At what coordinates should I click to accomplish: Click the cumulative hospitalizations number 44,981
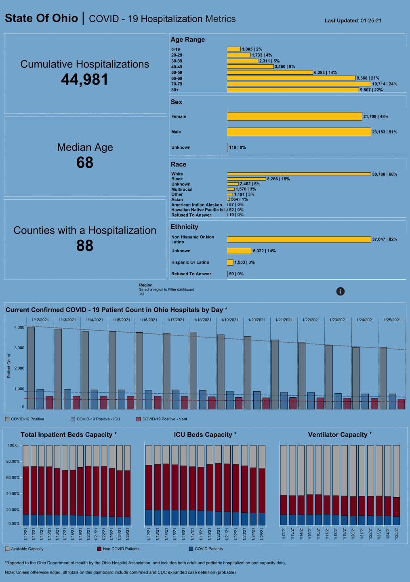(x=85, y=80)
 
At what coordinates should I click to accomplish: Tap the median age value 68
(x=85, y=163)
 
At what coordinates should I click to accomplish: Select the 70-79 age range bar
(x=299, y=84)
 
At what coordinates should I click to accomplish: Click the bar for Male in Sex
(x=299, y=132)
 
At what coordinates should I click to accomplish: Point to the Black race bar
(x=246, y=179)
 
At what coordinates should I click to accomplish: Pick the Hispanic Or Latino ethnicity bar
(x=230, y=262)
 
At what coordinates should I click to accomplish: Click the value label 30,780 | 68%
(x=385, y=174)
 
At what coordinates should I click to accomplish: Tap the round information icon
(x=341, y=291)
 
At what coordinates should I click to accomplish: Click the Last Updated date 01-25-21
(x=371, y=21)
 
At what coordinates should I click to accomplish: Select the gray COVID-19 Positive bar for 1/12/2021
(x=31, y=368)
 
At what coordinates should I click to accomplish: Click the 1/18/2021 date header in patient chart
(x=202, y=320)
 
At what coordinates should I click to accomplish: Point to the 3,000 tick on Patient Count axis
(x=19, y=348)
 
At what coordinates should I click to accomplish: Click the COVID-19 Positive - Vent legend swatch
(x=139, y=419)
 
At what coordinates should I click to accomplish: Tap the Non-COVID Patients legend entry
(x=121, y=549)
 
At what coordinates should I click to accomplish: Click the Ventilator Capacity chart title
(x=340, y=434)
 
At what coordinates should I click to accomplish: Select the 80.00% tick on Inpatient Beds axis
(x=13, y=462)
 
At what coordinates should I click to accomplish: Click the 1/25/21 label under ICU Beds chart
(x=262, y=534)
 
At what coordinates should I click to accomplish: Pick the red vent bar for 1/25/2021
(x=401, y=404)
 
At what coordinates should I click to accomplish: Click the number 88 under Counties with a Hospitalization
(x=85, y=246)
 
